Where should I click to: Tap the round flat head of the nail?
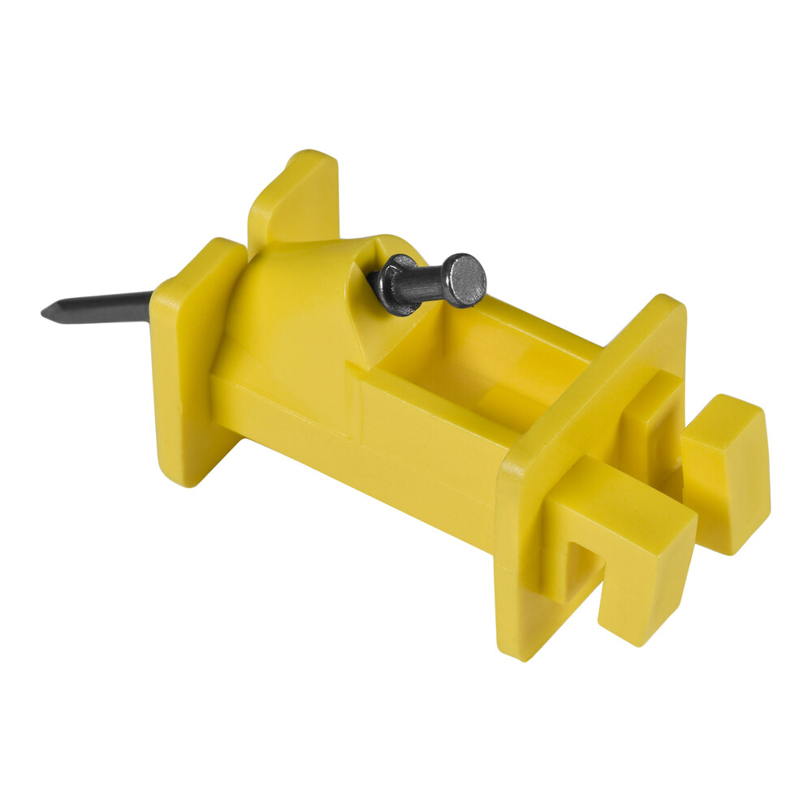point(465,280)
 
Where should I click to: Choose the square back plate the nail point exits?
point(191,357)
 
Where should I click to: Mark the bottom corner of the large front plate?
point(520,650)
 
